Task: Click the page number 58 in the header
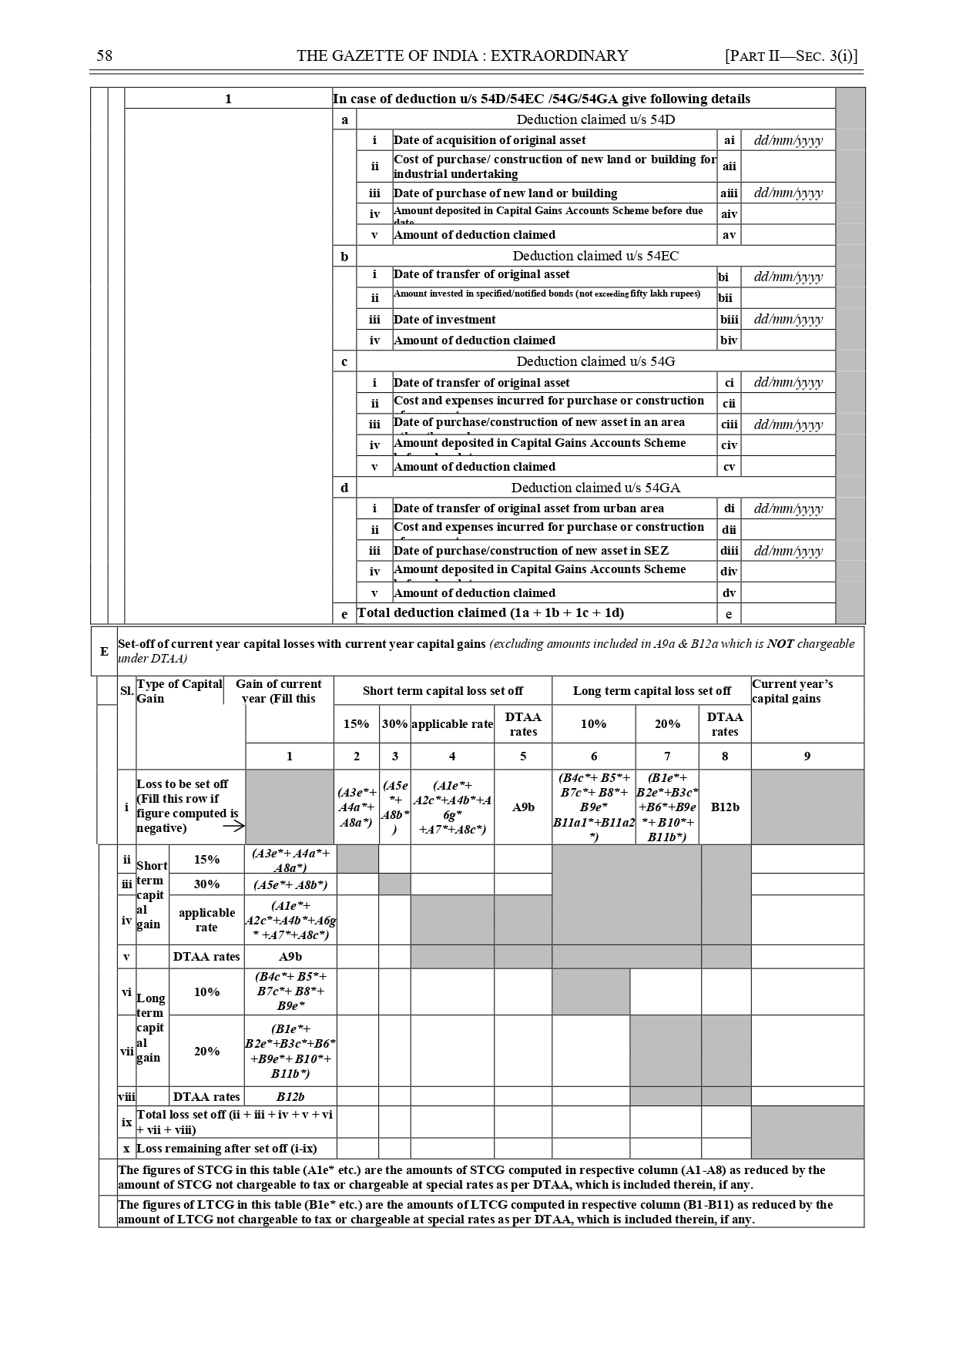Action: pos(105,55)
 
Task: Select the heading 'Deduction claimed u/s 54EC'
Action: pos(595,256)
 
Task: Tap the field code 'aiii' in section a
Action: pos(729,193)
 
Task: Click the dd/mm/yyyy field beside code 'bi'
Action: pos(788,277)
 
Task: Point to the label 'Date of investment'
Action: pos(444,320)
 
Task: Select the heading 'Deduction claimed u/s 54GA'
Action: pos(595,488)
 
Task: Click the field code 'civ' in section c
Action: pos(729,445)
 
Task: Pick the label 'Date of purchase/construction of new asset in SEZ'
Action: pos(531,551)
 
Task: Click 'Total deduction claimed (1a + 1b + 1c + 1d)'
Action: pos(491,613)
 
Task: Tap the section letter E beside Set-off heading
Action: pos(104,651)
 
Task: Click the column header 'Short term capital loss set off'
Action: pos(443,691)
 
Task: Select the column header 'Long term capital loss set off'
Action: pos(652,691)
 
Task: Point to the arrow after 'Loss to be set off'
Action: pos(233,827)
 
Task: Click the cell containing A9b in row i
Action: pos(523,807)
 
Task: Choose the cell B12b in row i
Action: pos(725,807)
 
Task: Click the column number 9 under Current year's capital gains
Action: pos(807,757)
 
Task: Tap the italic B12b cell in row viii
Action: pos(290,1097)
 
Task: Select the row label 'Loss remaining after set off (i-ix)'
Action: pos(226,1149)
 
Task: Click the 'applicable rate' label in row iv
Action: pos(206,920)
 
